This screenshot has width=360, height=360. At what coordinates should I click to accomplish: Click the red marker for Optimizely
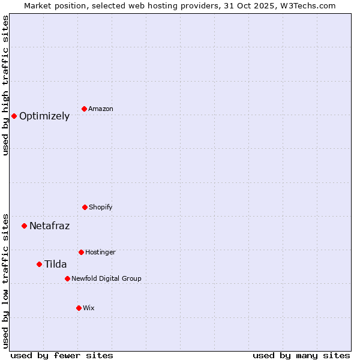(x=14, y=116)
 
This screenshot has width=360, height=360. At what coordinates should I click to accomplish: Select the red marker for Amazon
(x=84, y=109)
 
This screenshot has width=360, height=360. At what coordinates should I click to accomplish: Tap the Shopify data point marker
(x=85, y=207)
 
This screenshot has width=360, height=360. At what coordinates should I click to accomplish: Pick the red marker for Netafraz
(x=24, y=226)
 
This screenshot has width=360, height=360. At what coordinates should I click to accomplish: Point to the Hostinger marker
(x=81, y=252)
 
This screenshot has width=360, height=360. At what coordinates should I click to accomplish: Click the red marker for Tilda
(x=39, y=264)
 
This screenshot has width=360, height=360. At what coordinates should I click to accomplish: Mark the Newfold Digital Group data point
(x=67, y=278)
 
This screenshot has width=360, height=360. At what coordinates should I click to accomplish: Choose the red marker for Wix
(x=79, y=308)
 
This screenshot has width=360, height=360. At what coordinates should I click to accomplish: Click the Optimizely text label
(x=44, y=116)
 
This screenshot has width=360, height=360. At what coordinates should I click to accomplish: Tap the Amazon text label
(x=101, y=109)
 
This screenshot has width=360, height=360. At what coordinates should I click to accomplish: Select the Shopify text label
(x=101, y=207)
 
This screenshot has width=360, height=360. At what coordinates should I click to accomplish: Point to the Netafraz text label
(x=49, y=226)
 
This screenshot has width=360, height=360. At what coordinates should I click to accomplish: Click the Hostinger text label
(x=100, y=252)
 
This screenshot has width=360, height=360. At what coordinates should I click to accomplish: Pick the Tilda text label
(x=55, y=265)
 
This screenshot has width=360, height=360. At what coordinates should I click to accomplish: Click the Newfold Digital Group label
(x=106, y=278)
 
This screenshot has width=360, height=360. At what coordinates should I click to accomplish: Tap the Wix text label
(x=89, y=308)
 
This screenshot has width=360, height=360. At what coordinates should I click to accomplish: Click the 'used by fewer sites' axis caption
(x=62, y=355)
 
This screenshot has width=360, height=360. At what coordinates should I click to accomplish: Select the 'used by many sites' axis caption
(x=301, y=355)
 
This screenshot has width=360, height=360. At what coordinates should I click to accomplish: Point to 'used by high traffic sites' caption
(x=5, y=85)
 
